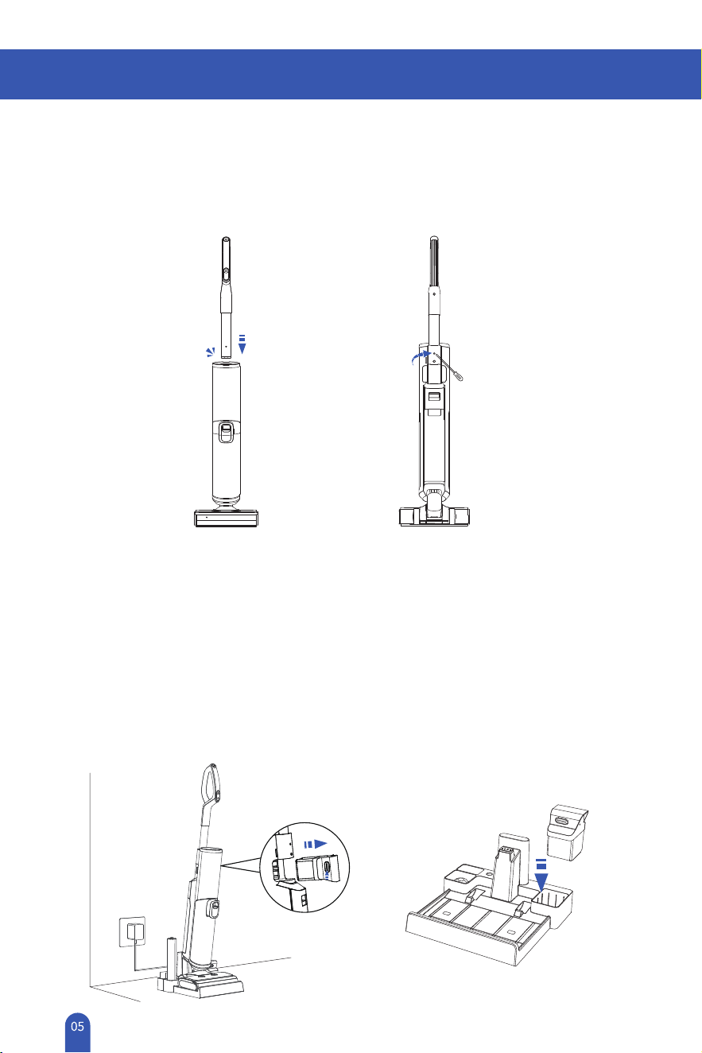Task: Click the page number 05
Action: click(x=78, y=1026)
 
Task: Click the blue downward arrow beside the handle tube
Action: click(x=242, y=344)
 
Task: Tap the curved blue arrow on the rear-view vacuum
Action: click(x=421, y=357)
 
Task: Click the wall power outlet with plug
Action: click(x=131, y=931)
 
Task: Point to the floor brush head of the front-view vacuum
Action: click(x=226, y=519)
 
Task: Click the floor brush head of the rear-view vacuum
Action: click(x=434, y=516)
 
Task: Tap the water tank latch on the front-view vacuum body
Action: click(x=226, y=432)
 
